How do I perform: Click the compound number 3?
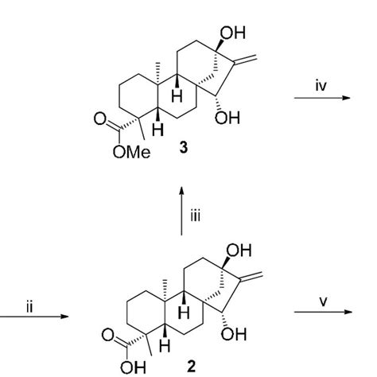184,147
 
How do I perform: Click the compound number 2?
191,367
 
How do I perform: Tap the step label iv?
321,86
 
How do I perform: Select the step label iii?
196,216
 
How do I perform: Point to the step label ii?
29,307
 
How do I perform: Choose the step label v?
323,302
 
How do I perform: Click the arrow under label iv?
322,98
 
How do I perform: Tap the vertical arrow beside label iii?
181,211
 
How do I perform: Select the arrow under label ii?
34,317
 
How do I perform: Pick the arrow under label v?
323,312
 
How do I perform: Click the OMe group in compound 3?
131,153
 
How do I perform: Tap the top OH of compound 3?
233,33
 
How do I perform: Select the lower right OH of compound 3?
227,118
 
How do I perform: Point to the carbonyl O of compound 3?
100,119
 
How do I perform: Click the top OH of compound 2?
239,251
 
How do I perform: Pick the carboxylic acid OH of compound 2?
133,367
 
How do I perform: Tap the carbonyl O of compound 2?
107,335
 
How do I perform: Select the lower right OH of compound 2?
234,334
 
